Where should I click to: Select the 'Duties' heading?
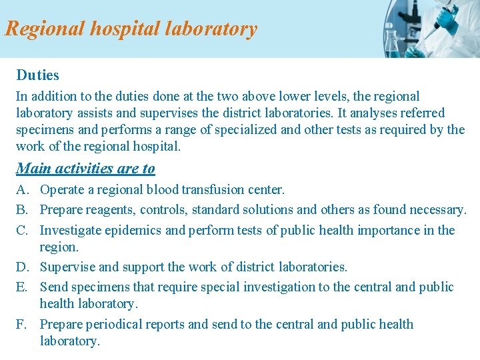pyautogui.click(x=38, y=75)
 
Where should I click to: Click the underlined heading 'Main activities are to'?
pyautogui.click(x=85, y=169)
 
